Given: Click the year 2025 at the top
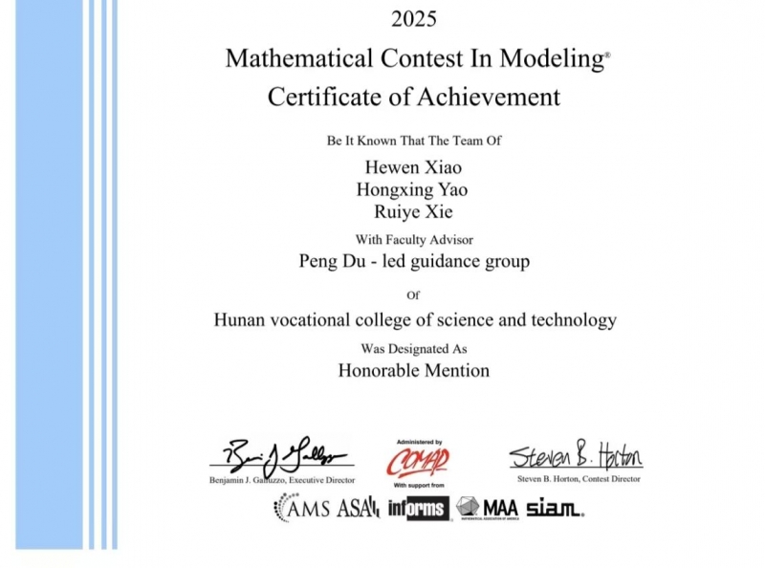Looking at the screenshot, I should pyautogui.click(x=414, y=18).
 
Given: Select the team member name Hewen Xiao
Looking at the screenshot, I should pyautogui.click(x=414, y=167).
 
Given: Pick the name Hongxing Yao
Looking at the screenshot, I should pyautogui.click(x=412, y=189).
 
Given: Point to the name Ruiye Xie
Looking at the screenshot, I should pyautogui.click(x=413, y=212).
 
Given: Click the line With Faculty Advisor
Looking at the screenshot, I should pyautogui.click(x=414, y=239).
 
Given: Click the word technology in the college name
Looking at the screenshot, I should pyautogui.click(x=569, y=320).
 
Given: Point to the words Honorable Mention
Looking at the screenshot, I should pyautogui.click(x=414, y=370).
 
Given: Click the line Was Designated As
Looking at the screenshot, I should pyautogui.click(x=414, y=349).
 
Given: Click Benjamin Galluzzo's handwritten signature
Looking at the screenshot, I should pyautogui.click(x=282, y=456).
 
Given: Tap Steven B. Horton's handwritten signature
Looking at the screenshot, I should pyautogui.click(x=575, y=456).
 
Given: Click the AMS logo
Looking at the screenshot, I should pyautogui.click(x=302, y=508).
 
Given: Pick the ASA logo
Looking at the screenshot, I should pyautogui.click(x=359, y=508).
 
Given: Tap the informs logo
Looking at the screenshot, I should pyautogui.click(x=418, y=508).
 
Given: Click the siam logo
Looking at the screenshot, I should pyautogui.click(x=554, y=508).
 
